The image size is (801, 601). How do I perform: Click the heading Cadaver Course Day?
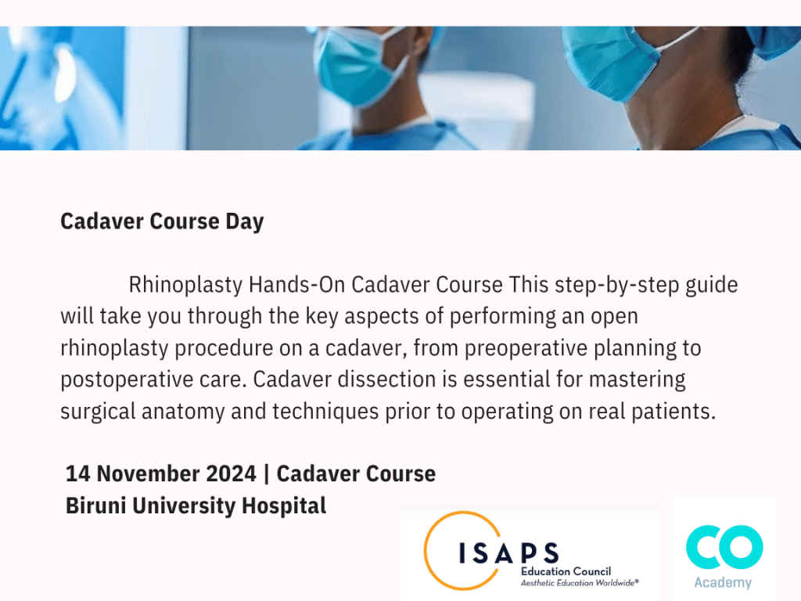coord(162,221)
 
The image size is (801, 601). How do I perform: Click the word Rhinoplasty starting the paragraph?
coord(185,285)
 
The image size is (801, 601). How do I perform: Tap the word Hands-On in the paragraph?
coord(296,284)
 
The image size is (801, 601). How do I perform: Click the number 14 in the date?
coord(77,473)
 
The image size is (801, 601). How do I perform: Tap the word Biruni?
coord(95,506)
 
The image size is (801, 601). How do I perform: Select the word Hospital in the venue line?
coord(283,506)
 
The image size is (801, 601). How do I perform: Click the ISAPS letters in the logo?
coord(508,553)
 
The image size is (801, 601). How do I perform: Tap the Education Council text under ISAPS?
coord(566,571)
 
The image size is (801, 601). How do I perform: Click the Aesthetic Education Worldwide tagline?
coord(580,583)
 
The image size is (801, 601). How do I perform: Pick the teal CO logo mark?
coord(724,547)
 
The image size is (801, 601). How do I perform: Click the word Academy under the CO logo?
coord(723,582)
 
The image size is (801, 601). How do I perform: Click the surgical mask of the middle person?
coord(357,66)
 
